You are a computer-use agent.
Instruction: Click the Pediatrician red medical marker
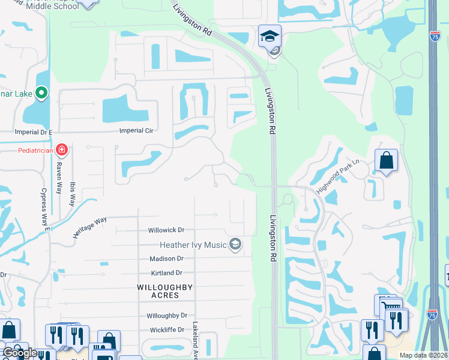pos(61,149)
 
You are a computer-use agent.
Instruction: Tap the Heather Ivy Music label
pos(193,244)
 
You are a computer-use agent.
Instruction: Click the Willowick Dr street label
pos(166,230)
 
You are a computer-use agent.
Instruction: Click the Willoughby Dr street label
pos(167,316)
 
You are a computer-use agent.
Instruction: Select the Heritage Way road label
pos(89,228)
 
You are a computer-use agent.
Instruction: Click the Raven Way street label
pos(59,175)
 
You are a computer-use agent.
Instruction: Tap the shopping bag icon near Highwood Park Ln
pos(386,161)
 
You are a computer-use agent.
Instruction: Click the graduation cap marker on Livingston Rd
pos(270,36)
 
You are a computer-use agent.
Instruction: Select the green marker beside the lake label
pos(41,93)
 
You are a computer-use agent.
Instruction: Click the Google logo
pos(20,353)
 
